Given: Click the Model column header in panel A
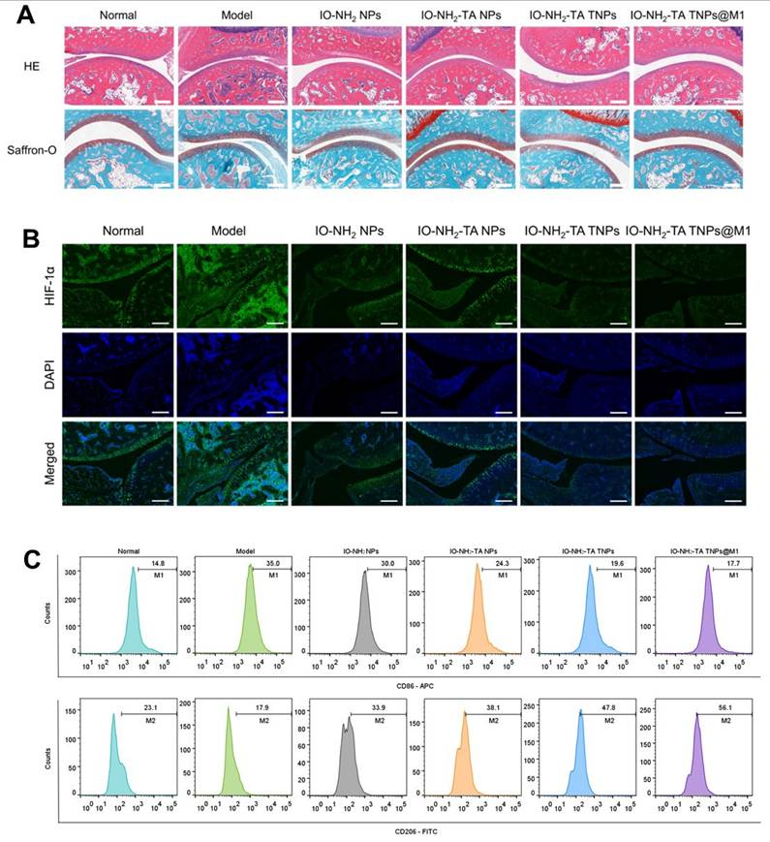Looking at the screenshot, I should (x=231, y=15).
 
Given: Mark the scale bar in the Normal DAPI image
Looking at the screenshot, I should (x=162, y=410).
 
